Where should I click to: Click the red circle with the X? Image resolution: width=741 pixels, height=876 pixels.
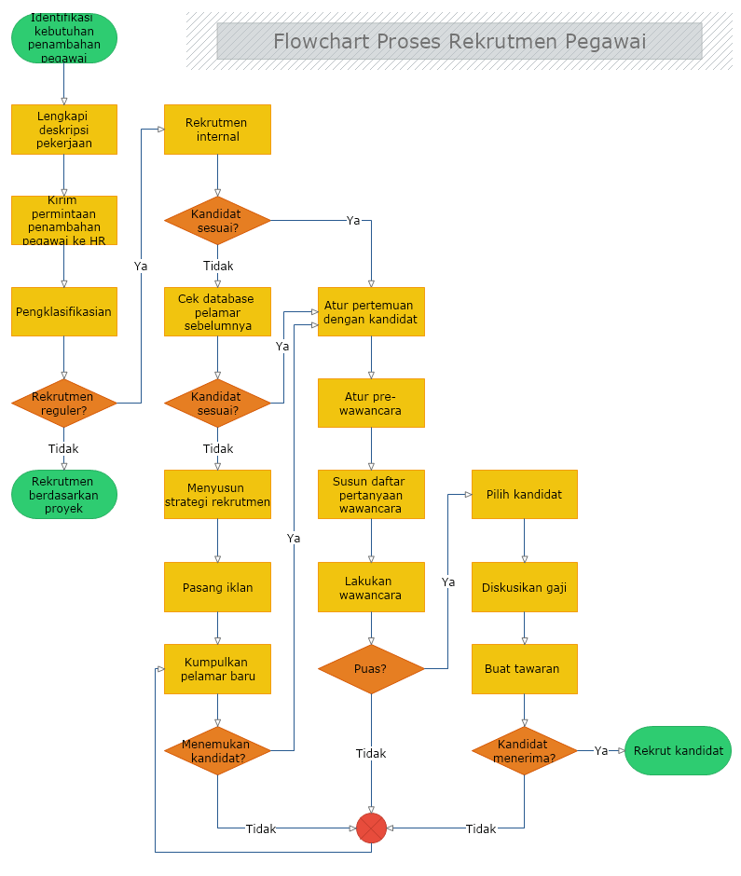pyautogui.click(x=371, y=828)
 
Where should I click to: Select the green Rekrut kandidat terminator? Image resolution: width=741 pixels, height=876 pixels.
pyautogui.click(x=678, y=750)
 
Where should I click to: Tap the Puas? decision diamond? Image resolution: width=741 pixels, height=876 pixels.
pyautogui.click(x=371, y=669)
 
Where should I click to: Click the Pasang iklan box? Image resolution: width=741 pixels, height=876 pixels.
pyautogui.click(x=217, y=587)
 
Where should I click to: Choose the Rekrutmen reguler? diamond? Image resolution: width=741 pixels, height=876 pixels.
pyautogui.click(x=63, y=403)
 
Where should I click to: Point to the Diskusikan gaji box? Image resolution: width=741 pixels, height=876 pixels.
pyautogui.click(x=524, y=587)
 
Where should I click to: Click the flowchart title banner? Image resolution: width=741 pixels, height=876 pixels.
pyautogui.click(x=459, y=41)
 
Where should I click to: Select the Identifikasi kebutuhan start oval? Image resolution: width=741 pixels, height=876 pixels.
pyautogui.click(x=64, y=38)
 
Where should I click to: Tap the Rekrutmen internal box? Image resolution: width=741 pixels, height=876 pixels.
pyautogui.click(x=217, y=130)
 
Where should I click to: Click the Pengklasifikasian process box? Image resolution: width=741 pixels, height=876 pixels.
pyautogui.click(x=63, y=311)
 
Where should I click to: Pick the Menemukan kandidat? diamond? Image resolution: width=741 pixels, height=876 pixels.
pyautogui.click(x=217, y=750)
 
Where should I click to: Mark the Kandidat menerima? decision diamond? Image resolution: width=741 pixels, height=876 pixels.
pyautogui.click(x=524, y=750)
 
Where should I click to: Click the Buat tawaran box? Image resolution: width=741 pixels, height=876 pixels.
pyautogui.click(x=524, y=669)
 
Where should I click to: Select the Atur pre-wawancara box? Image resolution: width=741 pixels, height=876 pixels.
pyautogui.click(x=371, y=403)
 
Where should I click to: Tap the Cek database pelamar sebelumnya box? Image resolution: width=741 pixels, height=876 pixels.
pyautogui.click(x=217, y=311)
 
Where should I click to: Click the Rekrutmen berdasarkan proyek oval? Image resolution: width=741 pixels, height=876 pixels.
pyautogui.click(x=63, y=494)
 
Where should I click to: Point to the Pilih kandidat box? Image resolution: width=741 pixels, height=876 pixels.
pyautogui.click(x=524, y=494)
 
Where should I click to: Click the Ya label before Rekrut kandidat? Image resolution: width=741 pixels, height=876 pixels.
pyautogui.click(x=601, y=750)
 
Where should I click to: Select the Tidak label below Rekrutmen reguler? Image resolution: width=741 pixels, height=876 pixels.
pyautogui.click(x=63, y=448)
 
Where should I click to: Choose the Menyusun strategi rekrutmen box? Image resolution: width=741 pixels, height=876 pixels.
pyautogui.click(x=217, y=494)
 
